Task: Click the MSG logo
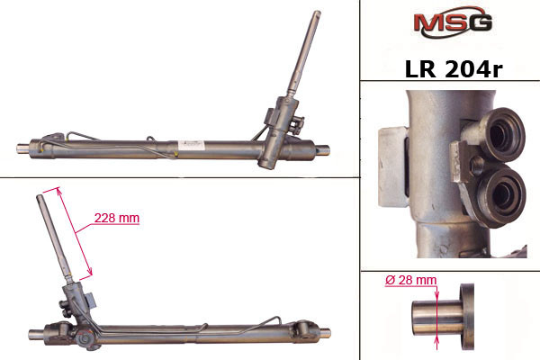tap(453, 22)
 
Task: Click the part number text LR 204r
tap(454, 69)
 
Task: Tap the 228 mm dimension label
tap(117, 218)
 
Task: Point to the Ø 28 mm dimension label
tap(411, 280)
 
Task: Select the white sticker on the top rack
tap(191, 144)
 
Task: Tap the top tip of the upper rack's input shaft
tap(317, 13)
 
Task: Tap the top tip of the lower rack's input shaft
tap(40, 196)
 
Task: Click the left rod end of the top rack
tap(23, 148)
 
